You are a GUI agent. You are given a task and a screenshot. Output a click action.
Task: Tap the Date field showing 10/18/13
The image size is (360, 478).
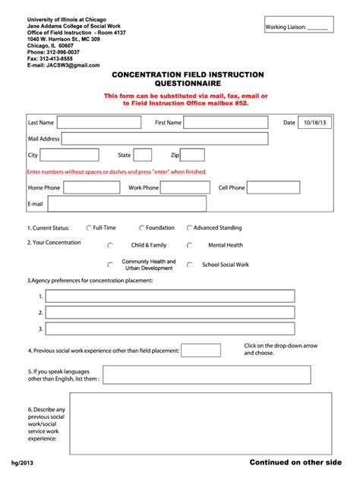pos(314,122)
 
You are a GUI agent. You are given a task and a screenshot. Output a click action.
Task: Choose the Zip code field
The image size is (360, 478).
pos(197,155)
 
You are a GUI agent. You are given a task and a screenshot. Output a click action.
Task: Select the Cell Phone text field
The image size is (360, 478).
pos(274,187)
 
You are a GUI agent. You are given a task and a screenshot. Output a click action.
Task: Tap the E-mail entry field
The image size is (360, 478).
pos(126,204)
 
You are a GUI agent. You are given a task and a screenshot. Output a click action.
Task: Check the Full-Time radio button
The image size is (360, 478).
pos(89,228)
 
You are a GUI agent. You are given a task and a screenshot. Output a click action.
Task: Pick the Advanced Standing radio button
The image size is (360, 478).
pos(188,228)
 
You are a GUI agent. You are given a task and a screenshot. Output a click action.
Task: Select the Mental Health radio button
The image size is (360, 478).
pos(190,246)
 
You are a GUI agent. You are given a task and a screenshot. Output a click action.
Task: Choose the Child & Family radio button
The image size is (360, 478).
pos(111,246)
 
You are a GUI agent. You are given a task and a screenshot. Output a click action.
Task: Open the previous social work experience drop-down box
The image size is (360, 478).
pos(201,351)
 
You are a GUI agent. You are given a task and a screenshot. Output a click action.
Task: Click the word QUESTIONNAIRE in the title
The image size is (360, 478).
pos(188,84)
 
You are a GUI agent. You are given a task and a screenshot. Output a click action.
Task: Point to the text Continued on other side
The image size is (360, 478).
pos(295,462)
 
